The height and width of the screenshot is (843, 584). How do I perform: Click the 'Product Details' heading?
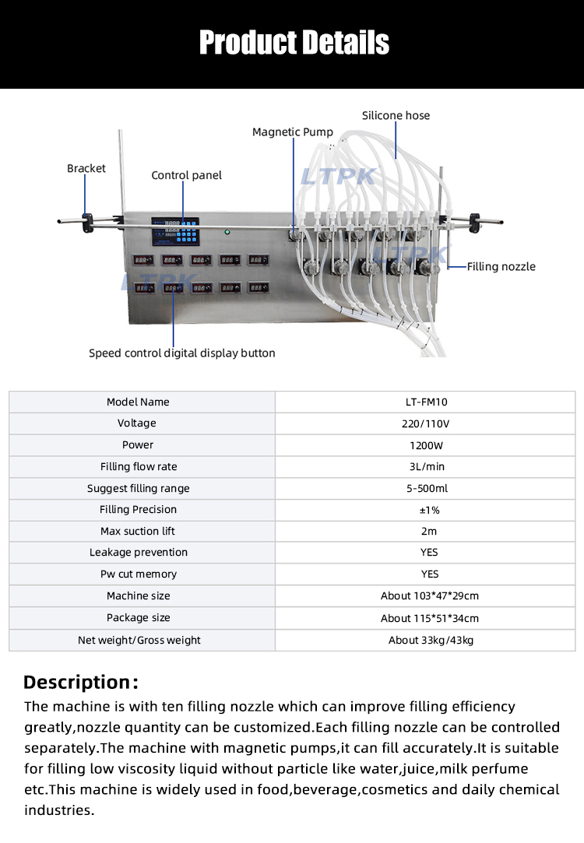click(294, 42)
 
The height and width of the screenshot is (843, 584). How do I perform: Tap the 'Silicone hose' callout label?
click(396, 115)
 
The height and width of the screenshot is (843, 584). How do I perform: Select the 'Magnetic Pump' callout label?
click(292, 132)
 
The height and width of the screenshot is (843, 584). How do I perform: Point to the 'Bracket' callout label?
click(86, 168)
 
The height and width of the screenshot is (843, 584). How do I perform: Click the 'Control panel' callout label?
click(186, 175)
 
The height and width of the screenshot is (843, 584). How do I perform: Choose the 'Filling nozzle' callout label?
click(501, 266)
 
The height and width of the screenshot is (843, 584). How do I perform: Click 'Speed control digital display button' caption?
click(181, 353)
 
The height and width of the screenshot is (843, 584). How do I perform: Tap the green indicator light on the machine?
click(227, 232)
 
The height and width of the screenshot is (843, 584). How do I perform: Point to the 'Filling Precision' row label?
click(138, 510)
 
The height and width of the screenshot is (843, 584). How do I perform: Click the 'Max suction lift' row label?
click(138, 532)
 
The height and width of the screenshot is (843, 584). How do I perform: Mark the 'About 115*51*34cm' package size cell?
click(429, 618)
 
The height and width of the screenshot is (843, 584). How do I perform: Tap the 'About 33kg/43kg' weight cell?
click(431, 640)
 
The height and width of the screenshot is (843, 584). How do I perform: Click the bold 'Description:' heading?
click(81, 683)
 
